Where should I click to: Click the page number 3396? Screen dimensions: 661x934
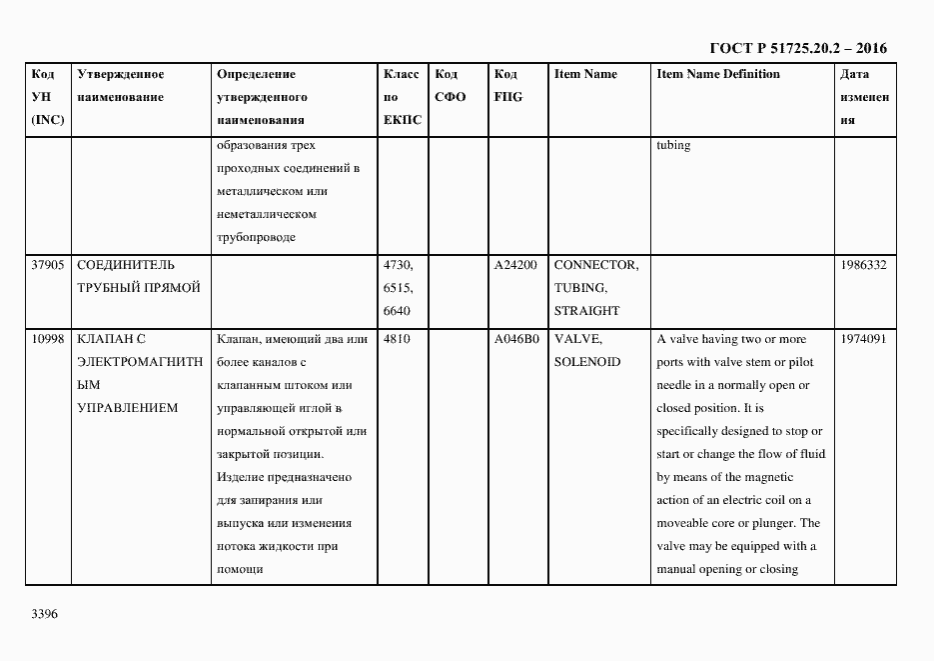point(45,613)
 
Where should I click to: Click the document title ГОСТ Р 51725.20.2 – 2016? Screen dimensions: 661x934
point(798,48)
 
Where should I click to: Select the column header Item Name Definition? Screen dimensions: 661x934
point(718,74)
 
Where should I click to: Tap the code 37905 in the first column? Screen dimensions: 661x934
point(48,265)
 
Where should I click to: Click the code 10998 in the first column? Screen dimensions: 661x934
point(48,339)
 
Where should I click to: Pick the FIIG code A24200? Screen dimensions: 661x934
point(515,265)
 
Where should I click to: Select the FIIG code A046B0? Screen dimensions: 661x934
point(515,339)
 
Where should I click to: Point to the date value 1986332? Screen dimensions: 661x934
point(864,265)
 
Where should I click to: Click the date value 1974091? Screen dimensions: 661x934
point(864,339)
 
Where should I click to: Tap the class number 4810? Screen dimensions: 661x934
point(398,339)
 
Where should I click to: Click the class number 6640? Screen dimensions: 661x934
point(398,311)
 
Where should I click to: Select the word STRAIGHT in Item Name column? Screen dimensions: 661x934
point(586,311)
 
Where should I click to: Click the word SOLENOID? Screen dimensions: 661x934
point(587,362)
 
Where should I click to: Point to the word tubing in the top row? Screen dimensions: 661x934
point(673,145)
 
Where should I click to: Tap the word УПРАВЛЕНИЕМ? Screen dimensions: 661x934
point(127,408)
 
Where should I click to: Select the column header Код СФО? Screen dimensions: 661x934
point(451,85)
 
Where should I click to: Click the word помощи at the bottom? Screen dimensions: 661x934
point(239,569)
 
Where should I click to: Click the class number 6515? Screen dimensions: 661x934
point(398,288)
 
